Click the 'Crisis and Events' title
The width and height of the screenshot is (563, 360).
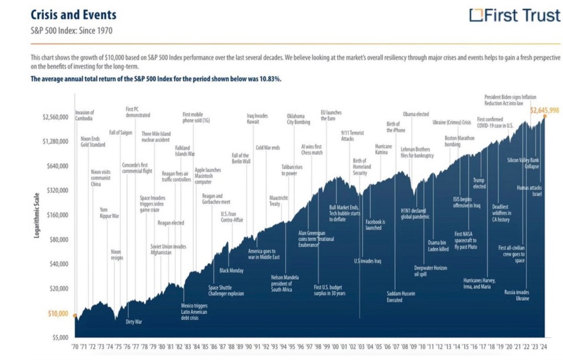point(73,14)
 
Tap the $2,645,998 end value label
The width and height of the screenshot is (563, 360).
point(544,110)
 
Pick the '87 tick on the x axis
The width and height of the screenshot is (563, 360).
point(222,347)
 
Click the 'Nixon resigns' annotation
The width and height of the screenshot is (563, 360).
point(117,254)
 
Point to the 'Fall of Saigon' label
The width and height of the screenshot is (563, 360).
point(120,132)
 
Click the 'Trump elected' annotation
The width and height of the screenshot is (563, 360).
point(479,183)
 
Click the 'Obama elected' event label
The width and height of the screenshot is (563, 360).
point(416,114)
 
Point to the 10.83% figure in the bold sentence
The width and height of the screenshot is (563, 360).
point(270,79)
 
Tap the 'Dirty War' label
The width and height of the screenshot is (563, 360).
point(134,322)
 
